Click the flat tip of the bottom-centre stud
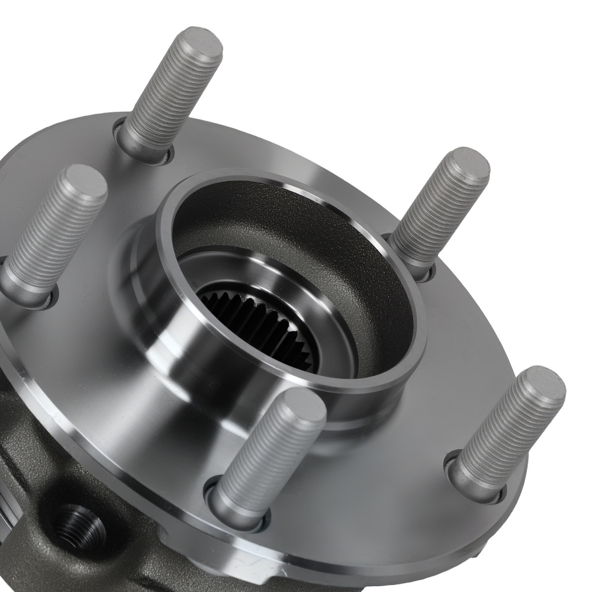click(x=302, y=408)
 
